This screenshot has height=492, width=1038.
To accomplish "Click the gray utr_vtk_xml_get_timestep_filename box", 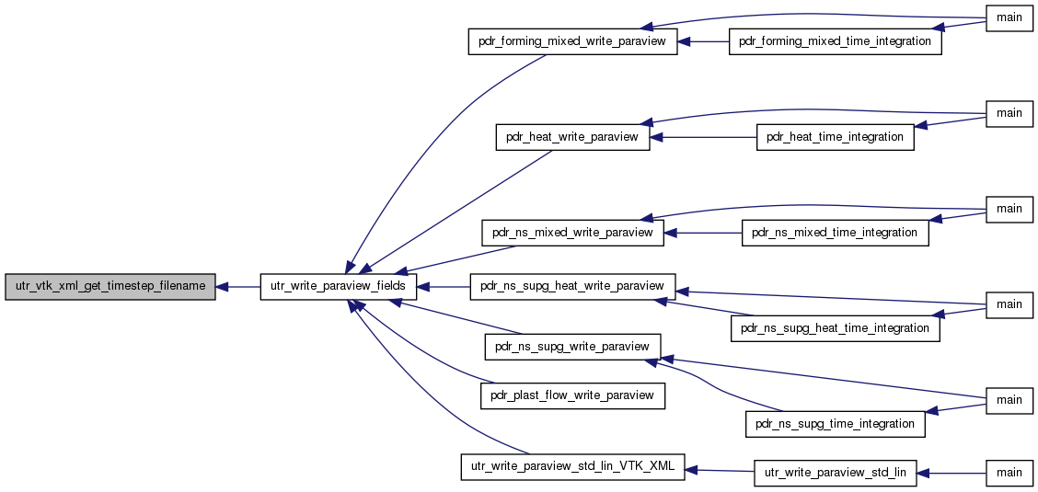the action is [x=110, y=286].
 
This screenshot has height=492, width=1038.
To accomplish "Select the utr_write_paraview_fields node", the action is [x=339, y=286].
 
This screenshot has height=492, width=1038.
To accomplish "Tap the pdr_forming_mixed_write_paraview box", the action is [x=572, y=41].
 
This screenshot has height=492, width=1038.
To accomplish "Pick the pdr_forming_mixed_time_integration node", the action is [x=835, y=41].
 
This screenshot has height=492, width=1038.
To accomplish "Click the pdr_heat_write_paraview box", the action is [x=572, y=137].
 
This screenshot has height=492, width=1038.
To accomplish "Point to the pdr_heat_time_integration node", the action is [x=835, y=137].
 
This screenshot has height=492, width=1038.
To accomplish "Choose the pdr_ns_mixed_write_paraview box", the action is [x=572, y=233].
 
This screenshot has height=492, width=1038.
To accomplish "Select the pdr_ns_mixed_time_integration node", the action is [x=835, y=233].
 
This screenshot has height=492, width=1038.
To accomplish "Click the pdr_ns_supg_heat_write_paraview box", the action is [x=572, y=286].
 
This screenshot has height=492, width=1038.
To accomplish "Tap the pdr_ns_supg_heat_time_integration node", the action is [x=835, y=328].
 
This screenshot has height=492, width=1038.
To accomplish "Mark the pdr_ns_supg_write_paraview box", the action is [x=572, y=347].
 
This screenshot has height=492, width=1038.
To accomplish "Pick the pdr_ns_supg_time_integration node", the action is [x=835, y=424].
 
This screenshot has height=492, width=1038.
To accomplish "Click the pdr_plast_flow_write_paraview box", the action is [x=572, y=395].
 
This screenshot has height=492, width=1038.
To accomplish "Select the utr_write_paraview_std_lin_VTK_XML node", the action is [x=572, y=467].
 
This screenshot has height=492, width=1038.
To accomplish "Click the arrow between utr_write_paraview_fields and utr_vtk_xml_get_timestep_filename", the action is [x=238, y=286].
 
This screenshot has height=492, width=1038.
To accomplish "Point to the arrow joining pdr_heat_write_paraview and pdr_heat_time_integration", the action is [x=703, y=137].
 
